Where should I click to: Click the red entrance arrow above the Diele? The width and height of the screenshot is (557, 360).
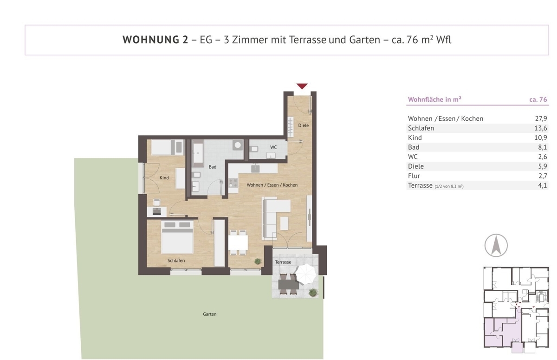click(x=302, y=86)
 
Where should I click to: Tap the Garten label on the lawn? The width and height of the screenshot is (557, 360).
click(x=210, y=314)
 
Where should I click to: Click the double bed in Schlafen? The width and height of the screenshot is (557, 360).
click(x=177, y=237)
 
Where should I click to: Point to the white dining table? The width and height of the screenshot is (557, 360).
click(x=238, y=242)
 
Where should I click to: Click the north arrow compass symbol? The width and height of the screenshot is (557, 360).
click(x=496, y=245)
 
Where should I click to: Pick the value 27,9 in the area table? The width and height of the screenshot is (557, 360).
click(x=541, y=118)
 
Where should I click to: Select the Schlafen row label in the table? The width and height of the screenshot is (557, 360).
click(x=421, y=128)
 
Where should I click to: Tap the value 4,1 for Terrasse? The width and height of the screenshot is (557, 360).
click(x=542, y=185)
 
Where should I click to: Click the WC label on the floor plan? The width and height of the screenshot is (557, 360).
click(x=273, y=147)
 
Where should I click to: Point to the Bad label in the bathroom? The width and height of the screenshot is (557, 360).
click(x=213, y=167)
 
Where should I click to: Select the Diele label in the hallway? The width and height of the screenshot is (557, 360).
click(x=304, y=125)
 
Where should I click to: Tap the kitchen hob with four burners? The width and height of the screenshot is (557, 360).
click(x=233, y=183)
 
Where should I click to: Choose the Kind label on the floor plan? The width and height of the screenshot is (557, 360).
click(x=164, y=177)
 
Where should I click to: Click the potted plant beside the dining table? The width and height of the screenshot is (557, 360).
click(x=258, y=261)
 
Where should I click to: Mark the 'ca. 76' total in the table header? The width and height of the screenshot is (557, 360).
click(x=538, y=99)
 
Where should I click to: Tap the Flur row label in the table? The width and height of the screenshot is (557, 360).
click(x=414, y=176)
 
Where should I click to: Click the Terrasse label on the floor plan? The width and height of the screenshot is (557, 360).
click(x=283, y=262)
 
